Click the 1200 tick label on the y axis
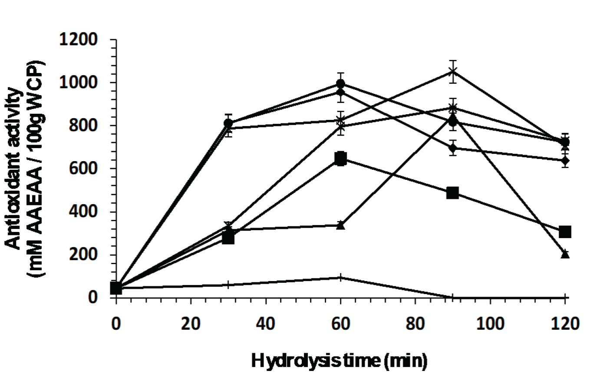78,40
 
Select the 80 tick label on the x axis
415,324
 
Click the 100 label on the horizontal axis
490,324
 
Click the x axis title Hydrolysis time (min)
339,361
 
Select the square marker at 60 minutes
341,159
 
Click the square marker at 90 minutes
453,193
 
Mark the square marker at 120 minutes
565,232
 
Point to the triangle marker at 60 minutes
341,225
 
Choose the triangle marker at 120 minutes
565,254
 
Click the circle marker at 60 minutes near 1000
341,83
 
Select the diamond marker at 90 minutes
453,148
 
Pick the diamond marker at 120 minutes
565,161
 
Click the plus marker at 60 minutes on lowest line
341,277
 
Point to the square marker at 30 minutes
228,238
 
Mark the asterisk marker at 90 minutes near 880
453,108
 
